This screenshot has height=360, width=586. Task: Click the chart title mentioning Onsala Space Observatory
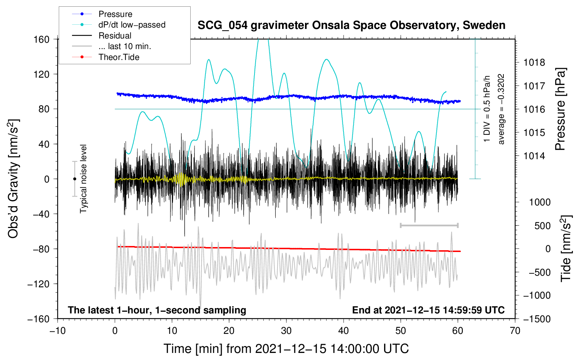351,25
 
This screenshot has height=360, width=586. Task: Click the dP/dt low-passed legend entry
132,25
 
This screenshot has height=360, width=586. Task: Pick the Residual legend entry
115,36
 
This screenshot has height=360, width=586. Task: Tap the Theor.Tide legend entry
119,57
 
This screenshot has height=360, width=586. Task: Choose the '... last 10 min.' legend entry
125,46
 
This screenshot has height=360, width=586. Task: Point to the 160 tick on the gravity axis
42,39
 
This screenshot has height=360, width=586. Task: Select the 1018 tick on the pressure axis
534,63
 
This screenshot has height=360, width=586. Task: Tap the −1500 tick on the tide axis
537,319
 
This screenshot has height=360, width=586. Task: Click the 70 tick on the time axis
515,331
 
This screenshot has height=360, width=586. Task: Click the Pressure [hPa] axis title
560,109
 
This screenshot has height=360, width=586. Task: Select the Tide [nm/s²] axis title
566,248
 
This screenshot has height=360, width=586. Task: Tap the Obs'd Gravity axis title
13,179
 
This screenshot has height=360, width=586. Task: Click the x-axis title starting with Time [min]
286,349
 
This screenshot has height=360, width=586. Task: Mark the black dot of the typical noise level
74,179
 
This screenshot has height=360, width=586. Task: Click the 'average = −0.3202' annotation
501,109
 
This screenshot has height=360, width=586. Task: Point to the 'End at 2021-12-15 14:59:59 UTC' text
428,310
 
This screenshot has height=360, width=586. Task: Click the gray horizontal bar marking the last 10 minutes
429,225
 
